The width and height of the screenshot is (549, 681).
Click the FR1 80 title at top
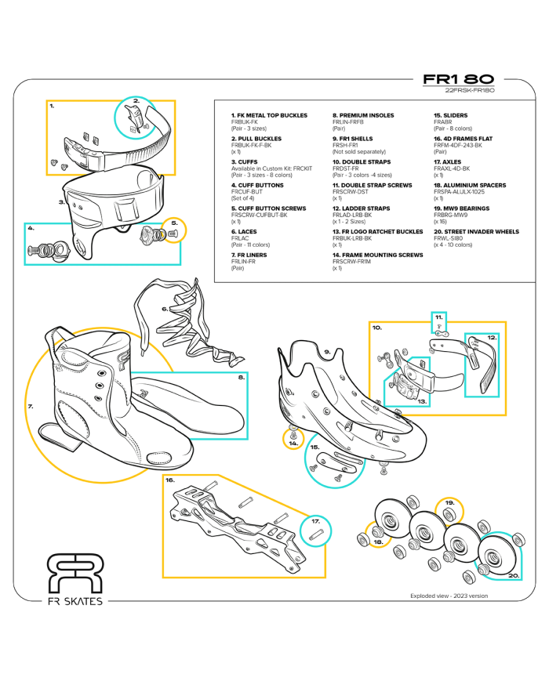pyautogui.click(x=458, y=80)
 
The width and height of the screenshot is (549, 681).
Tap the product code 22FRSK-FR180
pyautogui.click(x=469, y=91)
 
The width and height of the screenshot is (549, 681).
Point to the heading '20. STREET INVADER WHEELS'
pyautogui.click(x=476, y=232)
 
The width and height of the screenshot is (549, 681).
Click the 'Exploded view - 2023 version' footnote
pyautogui.click(x=449, y=596)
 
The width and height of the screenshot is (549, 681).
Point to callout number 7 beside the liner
pyautogui.click(x=30, y=407)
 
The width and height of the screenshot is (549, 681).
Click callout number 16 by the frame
pyautogui.click(x=169, y=481)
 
